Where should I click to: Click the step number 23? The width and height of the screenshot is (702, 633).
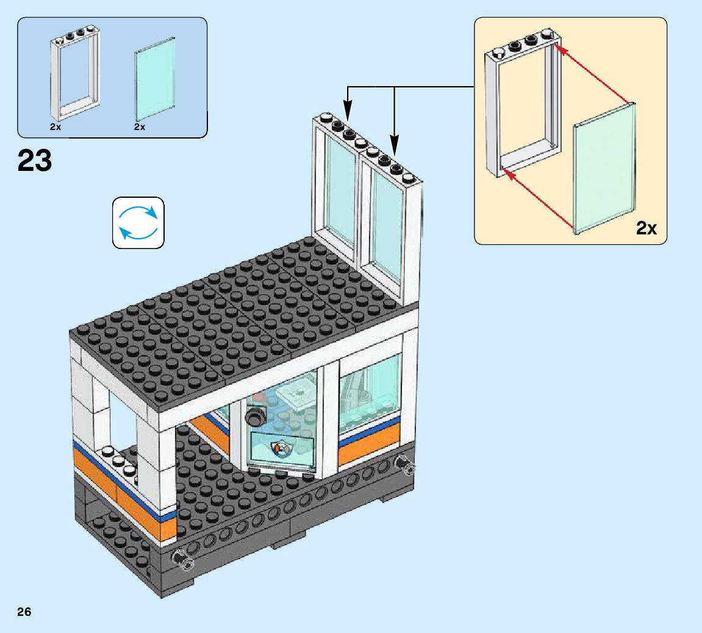click(35, 161)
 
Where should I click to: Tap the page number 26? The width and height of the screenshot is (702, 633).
click(24, 612)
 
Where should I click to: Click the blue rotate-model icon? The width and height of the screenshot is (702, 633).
click(138, 223)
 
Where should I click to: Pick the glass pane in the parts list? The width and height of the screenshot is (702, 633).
click(155, 80)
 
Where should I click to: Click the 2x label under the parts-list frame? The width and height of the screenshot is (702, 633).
click(56, 128)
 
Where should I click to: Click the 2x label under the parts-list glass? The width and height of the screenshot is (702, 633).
click(140, 128)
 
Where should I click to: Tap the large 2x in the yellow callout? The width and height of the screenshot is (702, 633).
click(646, 228)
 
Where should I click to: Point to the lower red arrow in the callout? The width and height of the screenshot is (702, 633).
click(537, 201)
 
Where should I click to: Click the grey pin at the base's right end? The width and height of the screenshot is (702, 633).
click(406, 467)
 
